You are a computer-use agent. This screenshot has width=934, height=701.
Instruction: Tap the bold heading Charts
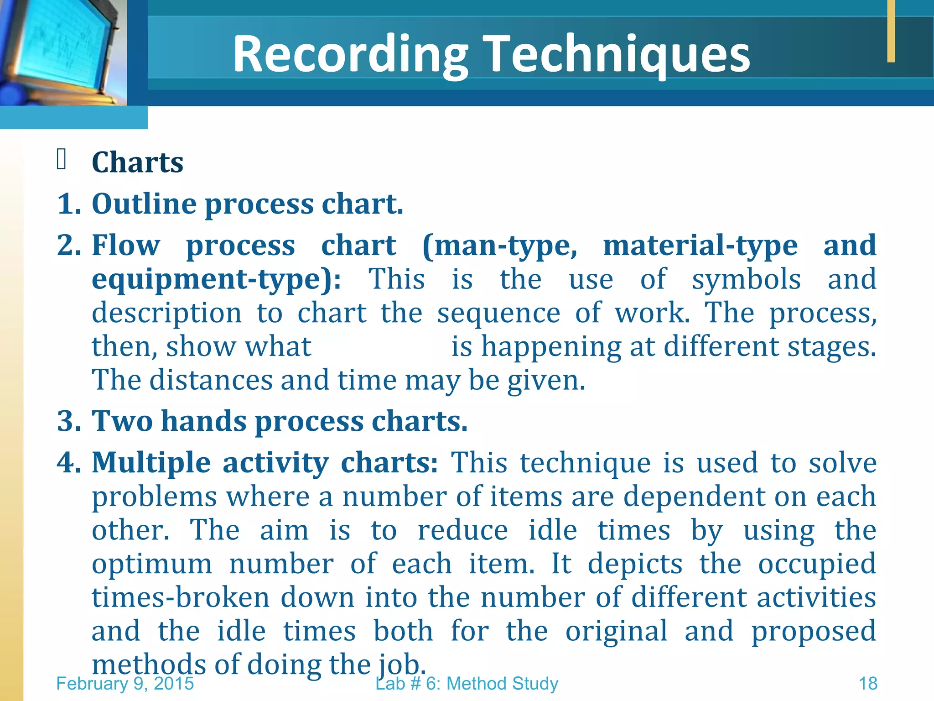point(137,162)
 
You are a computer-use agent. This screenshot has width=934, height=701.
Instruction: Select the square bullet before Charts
point(62,159)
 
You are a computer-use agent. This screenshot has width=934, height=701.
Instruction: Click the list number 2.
point(68,245)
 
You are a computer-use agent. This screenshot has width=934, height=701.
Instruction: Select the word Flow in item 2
point(126,245)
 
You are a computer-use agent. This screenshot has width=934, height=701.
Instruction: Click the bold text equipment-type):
point(216,279)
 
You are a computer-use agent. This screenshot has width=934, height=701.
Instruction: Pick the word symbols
point(746,279)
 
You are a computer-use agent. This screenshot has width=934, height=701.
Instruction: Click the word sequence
point(498,313)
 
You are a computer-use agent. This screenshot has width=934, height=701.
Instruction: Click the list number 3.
point(68,421)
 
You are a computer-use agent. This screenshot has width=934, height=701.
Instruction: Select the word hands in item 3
point(203,421)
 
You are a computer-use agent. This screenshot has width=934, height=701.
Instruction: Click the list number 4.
point(68,462)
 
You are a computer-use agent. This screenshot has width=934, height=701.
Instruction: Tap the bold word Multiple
point(151,463)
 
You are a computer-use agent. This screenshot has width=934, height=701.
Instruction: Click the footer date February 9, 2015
point(125,684)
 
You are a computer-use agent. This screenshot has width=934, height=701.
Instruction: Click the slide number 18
point(868,684)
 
